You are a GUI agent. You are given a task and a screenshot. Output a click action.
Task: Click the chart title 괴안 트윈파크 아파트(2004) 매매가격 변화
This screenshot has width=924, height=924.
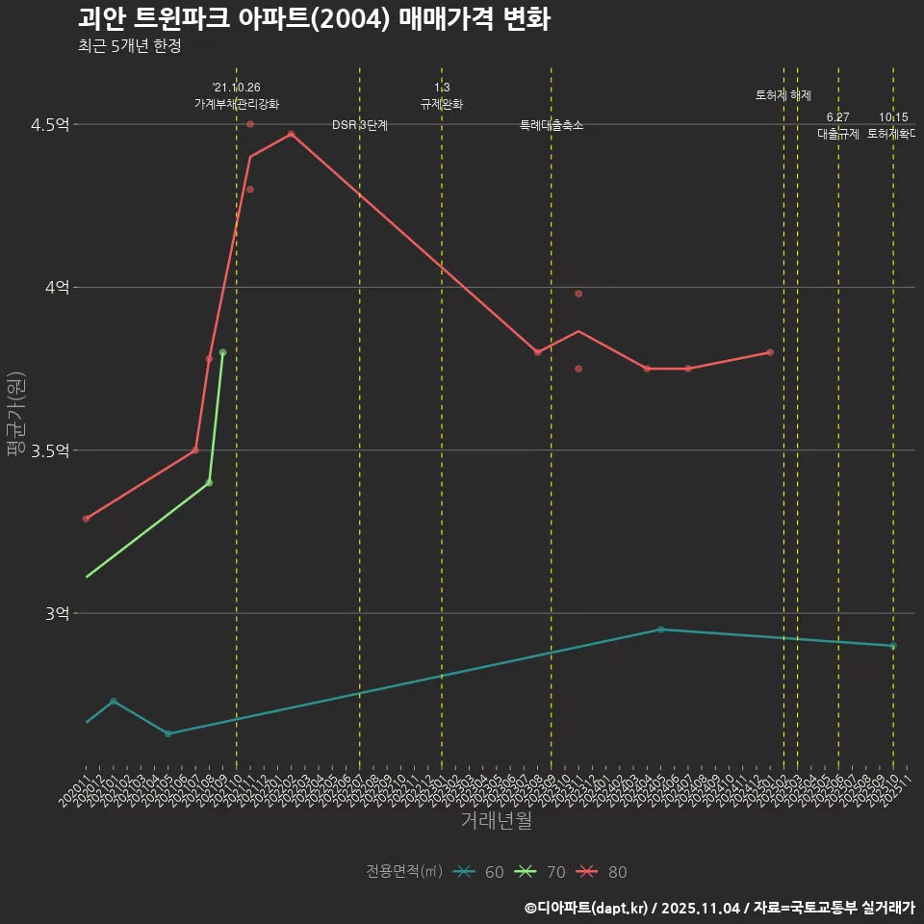314,19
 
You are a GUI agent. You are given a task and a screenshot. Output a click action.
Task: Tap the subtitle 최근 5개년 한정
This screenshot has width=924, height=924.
129,46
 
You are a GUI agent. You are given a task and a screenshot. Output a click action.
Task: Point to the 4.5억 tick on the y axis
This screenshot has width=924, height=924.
49,125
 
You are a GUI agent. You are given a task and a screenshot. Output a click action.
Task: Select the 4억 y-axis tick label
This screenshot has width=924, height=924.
55,288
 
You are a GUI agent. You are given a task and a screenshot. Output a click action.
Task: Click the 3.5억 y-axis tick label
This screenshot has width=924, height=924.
49,450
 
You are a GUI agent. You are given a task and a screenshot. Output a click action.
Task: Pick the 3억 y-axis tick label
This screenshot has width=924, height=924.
55,613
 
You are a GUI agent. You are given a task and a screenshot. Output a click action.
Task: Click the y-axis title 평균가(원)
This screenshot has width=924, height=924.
16,417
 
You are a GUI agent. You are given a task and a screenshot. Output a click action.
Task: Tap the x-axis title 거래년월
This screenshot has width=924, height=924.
496,821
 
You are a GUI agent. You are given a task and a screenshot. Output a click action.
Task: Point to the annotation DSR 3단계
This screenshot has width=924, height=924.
360,125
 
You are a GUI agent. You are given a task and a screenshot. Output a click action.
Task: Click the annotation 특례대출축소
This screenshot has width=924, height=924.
552,125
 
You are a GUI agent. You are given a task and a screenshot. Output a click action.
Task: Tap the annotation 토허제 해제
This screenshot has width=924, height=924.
783,95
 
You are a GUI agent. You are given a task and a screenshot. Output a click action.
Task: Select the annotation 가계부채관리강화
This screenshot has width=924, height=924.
237,104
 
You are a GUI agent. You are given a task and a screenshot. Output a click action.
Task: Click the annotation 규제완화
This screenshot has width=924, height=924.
442,104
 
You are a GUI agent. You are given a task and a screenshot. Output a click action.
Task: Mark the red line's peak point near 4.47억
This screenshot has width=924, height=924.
291,134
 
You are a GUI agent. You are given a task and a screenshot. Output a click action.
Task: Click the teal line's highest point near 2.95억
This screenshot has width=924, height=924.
660,629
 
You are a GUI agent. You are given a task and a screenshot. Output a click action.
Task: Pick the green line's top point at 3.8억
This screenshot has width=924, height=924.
222,352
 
